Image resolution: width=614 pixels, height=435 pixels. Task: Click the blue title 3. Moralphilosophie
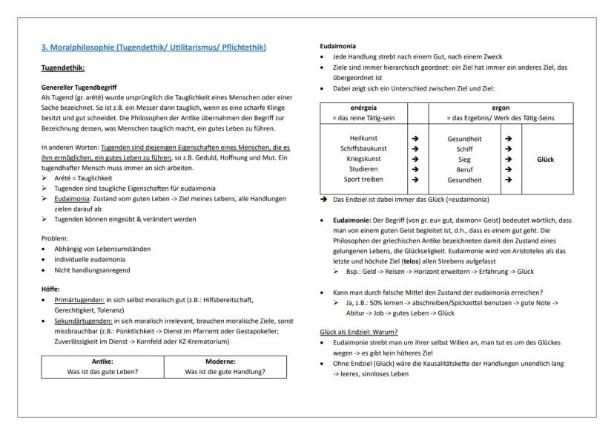[x=153, y=48]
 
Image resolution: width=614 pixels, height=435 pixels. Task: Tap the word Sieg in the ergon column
[x=465, y=159]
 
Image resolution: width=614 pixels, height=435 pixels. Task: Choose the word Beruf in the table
[x=465, y=169]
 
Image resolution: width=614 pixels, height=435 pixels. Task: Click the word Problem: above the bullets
[x=56, y=239]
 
